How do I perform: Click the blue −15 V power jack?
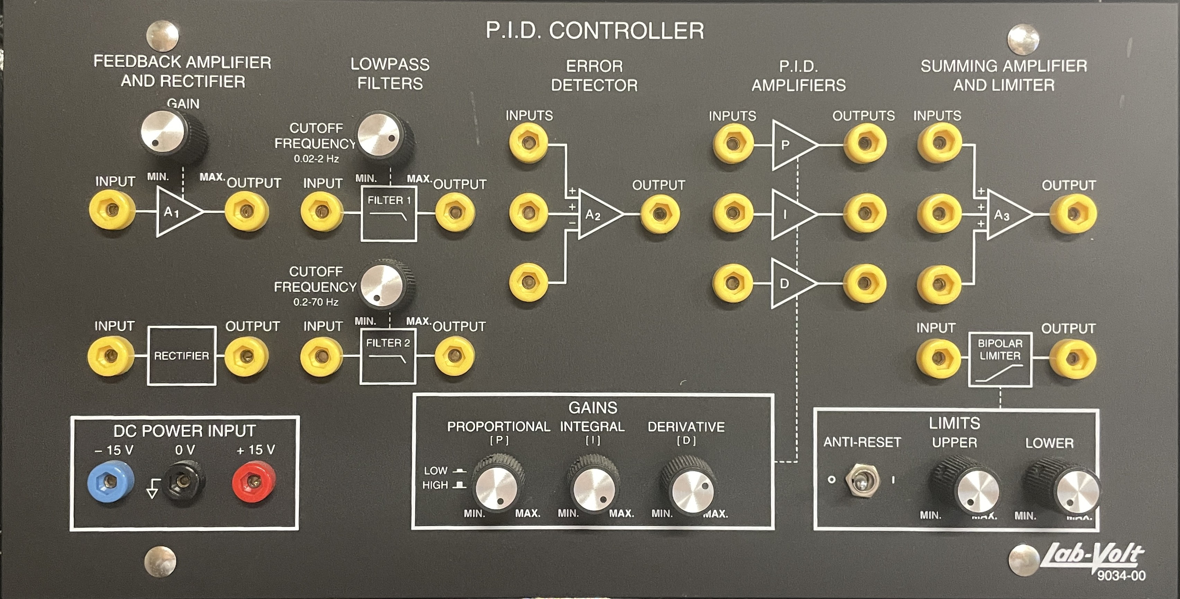[x=110, y=481]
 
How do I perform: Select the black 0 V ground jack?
[x=184, y=481]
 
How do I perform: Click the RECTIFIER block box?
[x=181, y=356]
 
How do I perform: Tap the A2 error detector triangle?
[x=598, y=215]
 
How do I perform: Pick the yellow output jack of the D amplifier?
[x=864, y=283]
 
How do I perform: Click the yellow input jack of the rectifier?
[x=111, y=356]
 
